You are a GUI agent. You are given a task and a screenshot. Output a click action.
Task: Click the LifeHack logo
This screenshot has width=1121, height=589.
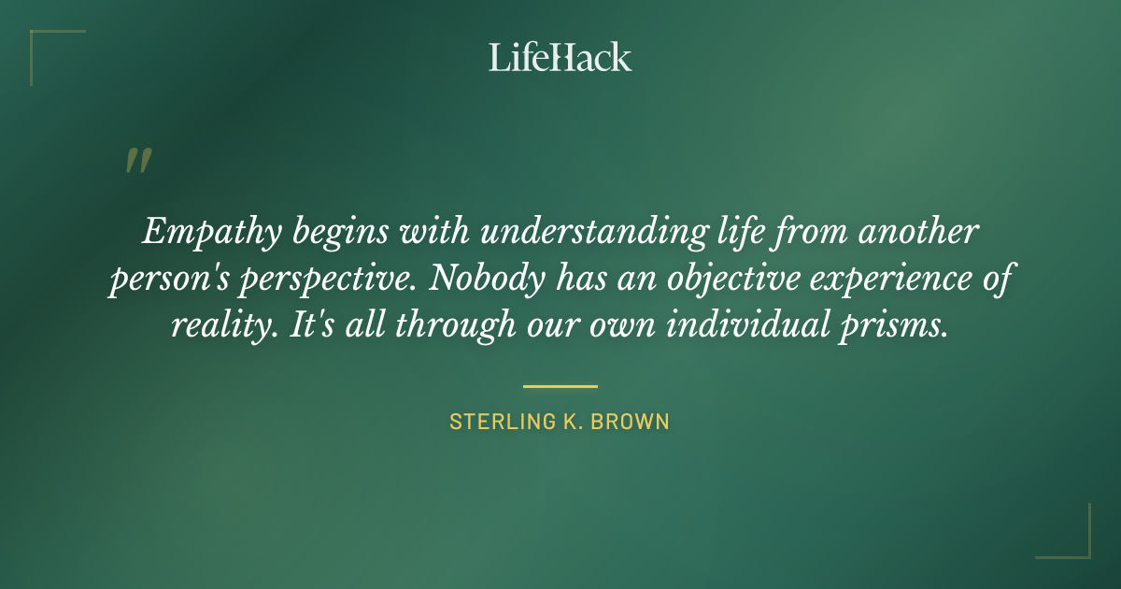click(x=560, y=57)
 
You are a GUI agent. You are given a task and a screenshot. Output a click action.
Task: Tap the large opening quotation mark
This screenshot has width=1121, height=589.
click(x=137, y=161)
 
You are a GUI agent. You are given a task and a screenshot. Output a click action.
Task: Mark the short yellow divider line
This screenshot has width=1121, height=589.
click(x=560, y=385)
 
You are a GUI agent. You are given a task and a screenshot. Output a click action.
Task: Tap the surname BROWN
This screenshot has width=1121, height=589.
click(x=635, y=422)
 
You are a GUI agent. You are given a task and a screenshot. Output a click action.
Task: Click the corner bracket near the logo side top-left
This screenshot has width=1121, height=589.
click(x=42, y=42)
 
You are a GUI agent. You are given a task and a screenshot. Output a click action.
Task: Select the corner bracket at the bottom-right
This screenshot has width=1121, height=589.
click(x=1078, y=546)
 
